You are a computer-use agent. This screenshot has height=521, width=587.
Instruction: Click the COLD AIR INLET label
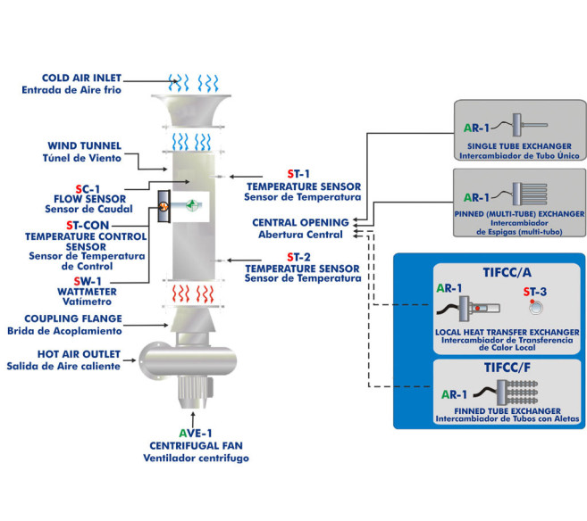pyautogui.click(x=80, y=77)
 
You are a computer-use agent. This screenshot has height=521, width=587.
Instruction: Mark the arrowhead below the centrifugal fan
pyautogui.click(x=196, y=412)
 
